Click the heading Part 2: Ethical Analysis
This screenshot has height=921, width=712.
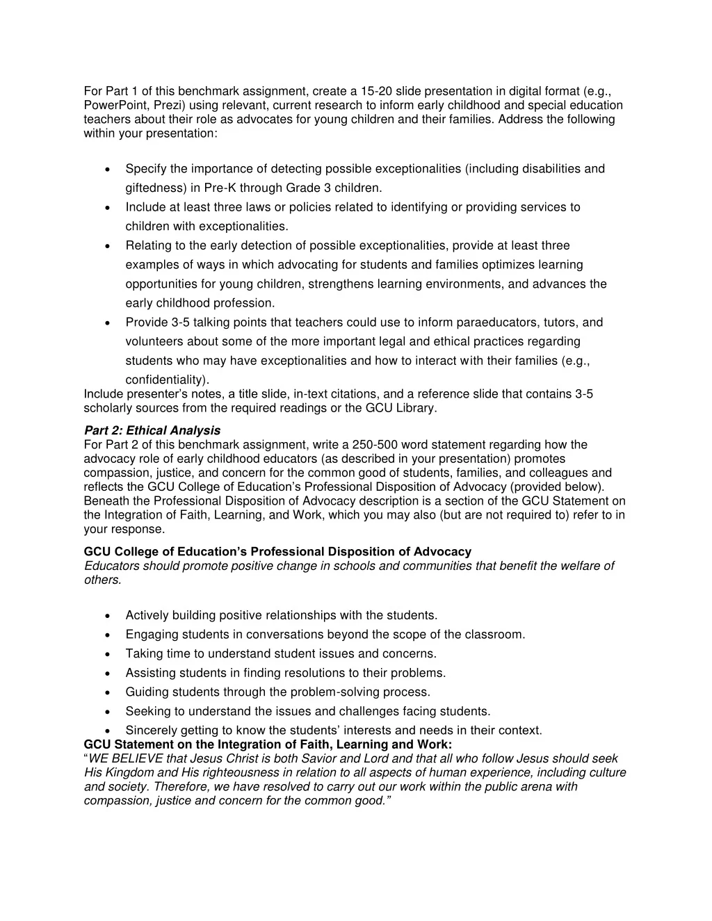point(152,431)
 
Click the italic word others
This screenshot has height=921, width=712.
point(102,580)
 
